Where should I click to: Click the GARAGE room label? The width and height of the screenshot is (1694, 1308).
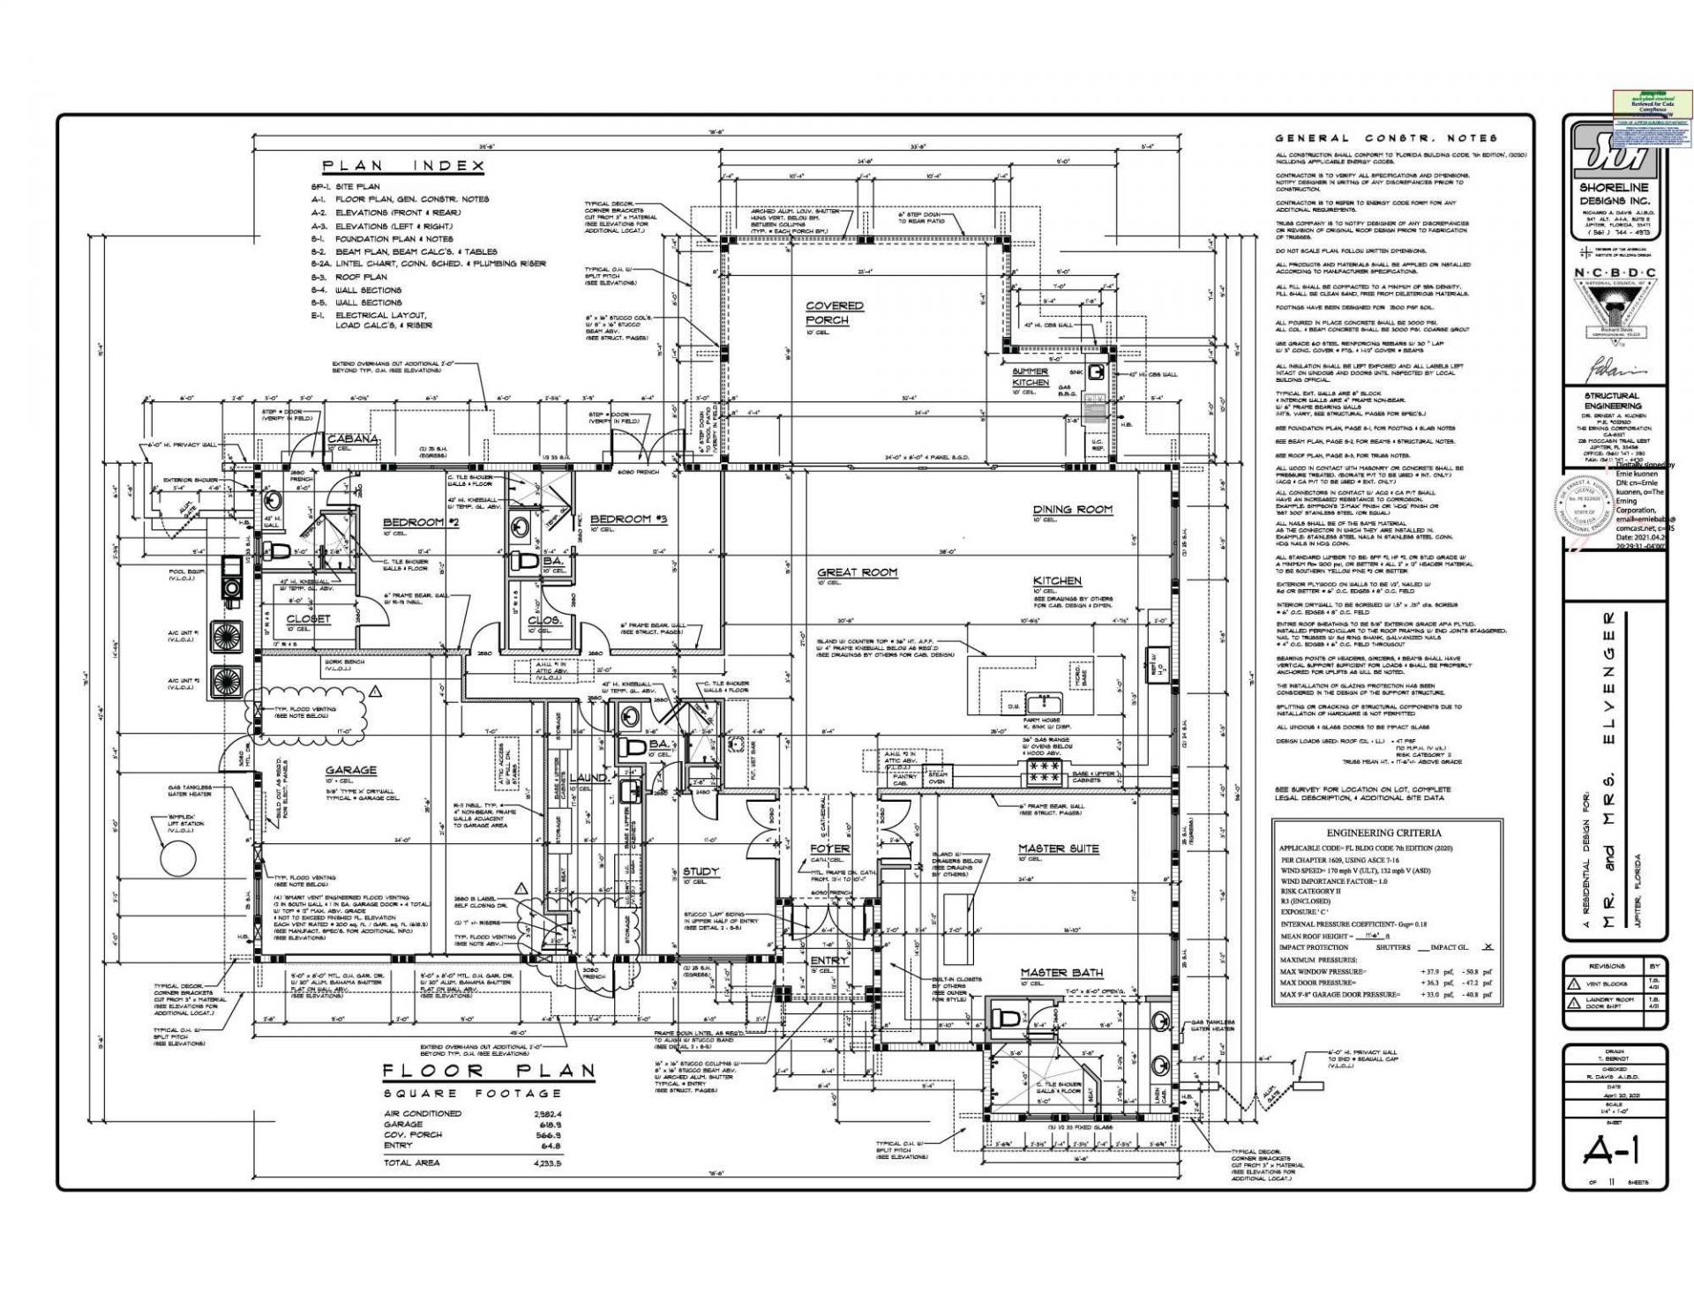pyautogui.click(x=350, y=770)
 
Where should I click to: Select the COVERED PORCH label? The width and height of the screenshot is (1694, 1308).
pyautogui.click(x=834, y=313)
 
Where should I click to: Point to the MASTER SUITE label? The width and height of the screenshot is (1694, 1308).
pyautogui.click(x=1059, y=848)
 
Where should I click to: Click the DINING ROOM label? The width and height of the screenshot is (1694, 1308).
pyautogui.click(x=1073, y=509)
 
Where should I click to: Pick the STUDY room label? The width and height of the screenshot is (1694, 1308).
pyautogui.click(x=701, y=871)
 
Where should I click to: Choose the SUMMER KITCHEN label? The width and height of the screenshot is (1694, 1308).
pyautogui.click(x=1030, y=377)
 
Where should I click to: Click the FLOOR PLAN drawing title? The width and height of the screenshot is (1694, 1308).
pyautogui.click(x=489, y=1072)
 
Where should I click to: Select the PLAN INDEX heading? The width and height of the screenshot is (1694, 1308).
pyautogui.click(x=402, y=166)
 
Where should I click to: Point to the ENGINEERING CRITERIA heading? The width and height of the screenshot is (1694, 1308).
pyautogui.click(x=1383, y=833)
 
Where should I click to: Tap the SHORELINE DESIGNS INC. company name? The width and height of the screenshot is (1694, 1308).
pyautogui.click(x=1614, y=194)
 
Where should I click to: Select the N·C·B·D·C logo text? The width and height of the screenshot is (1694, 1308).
pyautogui.click(x=1614, y=273)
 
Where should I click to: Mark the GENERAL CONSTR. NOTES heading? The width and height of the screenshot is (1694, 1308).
pyautogui.click(x=1386, y=138)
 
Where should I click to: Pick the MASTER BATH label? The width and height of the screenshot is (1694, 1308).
pyautogui.click(x=1061, y=973)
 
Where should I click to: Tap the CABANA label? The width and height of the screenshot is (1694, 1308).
pyautogui.click(x=353, y=438)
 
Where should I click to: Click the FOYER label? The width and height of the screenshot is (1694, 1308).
pyautogui.click(x=829, y=848)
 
